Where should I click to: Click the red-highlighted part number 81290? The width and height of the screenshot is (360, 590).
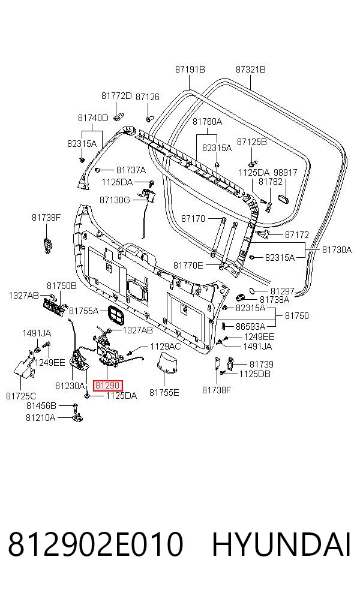click(x=107, y=386)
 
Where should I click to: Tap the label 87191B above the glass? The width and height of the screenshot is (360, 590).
click(x=190, y=70)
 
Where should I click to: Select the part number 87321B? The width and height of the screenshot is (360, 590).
click(x=250, y=70)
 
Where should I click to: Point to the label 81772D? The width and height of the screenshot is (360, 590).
click(x=116, y=96)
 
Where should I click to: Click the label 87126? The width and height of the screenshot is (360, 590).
click(x=147, y=97)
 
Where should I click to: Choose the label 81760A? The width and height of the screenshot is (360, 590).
click(x=207, y=122)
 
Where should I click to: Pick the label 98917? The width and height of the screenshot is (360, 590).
click(x=285, y=173)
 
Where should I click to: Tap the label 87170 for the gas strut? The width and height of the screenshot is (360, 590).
click(x=193, y=219)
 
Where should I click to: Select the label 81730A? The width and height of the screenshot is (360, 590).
click(x=337, y=250)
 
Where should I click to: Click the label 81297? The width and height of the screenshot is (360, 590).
click(x=282, y=291)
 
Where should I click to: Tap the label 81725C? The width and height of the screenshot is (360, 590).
click(x=21, y=396)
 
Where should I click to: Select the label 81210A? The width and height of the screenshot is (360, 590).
click(x=40, y=418)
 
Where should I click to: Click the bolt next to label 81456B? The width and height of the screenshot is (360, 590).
click(x=75, y=407)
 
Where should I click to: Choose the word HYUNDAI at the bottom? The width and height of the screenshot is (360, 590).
click(x=281, y=544)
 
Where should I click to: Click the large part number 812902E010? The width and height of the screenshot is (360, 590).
click(x=95, y=544)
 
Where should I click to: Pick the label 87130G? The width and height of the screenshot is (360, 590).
click(x=115, y=200)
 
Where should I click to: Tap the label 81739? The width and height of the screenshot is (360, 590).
click(x=262, y=364)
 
